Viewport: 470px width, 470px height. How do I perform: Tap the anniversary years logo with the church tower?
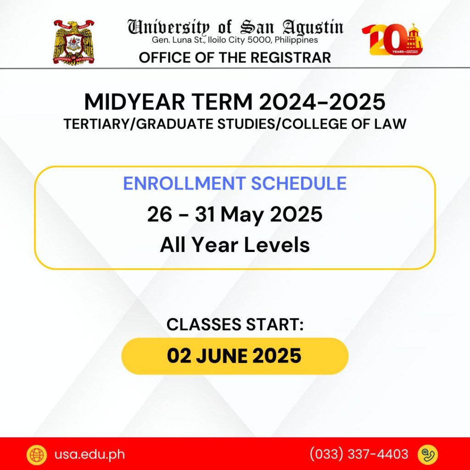coord(392,39)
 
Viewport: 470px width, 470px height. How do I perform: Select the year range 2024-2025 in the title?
coord(322,102)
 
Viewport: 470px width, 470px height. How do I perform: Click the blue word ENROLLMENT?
coord(185,183)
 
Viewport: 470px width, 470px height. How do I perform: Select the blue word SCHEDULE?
coord(299,183)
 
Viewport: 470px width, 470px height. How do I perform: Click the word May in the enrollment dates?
coord(242,215)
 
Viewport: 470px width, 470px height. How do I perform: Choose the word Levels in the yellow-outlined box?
coord(277,245)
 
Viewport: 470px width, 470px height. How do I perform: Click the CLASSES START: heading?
coord(235,325)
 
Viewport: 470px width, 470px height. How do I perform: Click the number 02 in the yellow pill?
coord(179,356)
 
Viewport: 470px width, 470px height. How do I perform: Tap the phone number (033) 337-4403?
coord(359,454)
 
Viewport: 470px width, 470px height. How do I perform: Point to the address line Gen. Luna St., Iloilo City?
coord(235,40)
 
